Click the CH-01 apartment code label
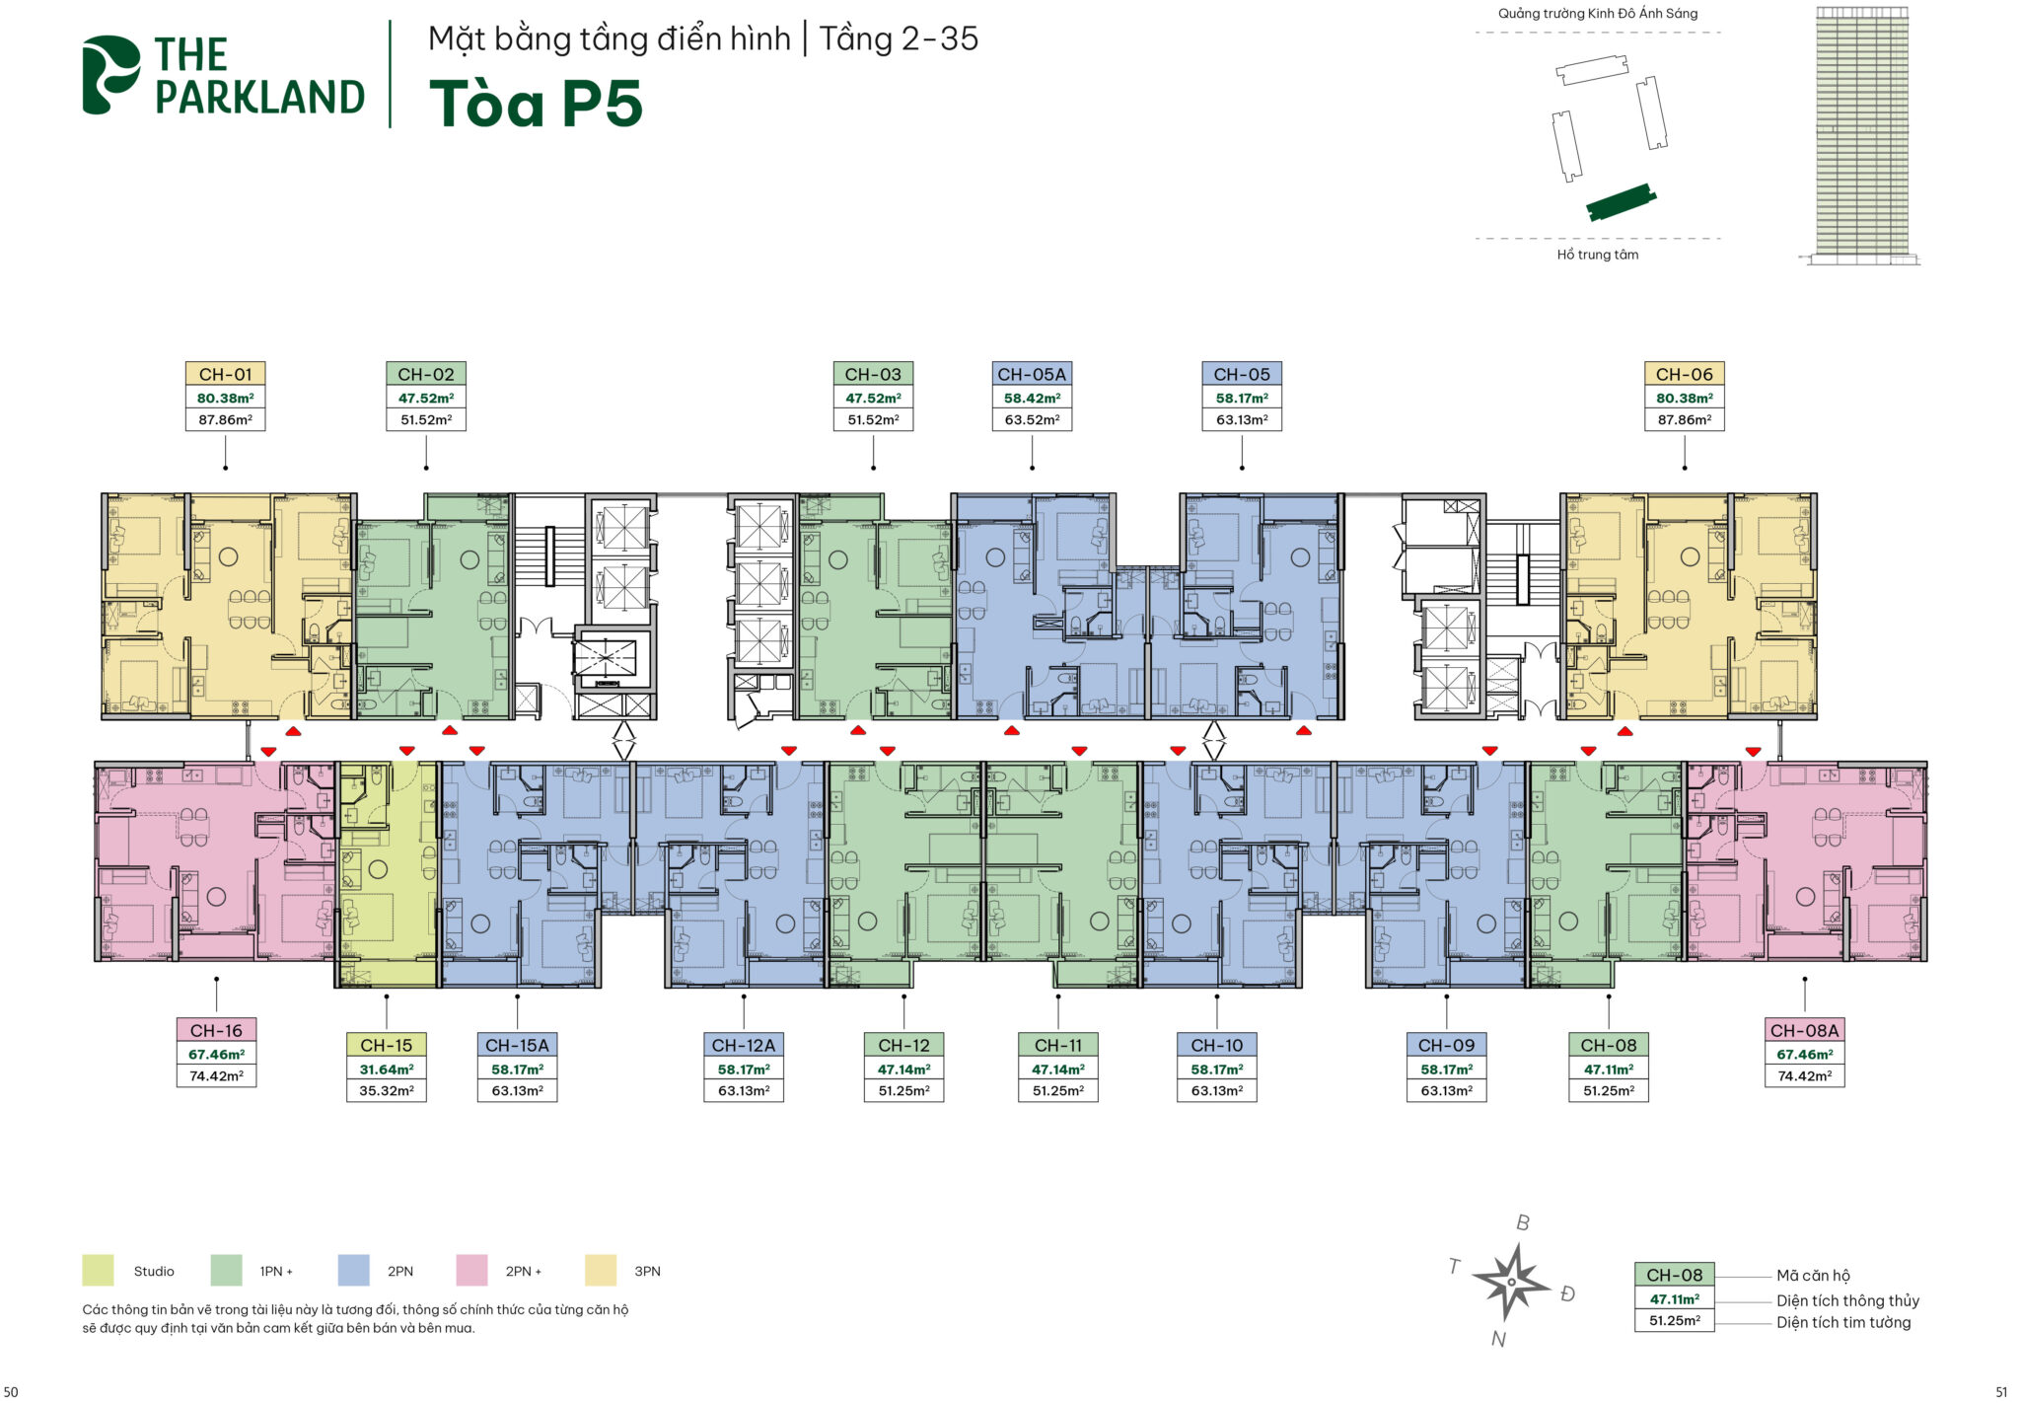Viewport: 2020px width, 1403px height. point(226,374)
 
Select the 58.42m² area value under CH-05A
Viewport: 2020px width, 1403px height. point(1032,398)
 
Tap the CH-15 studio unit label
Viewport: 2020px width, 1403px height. point(386,1045)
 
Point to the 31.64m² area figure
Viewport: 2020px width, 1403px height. point(386,1069)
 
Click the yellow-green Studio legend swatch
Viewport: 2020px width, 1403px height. point(98,1270)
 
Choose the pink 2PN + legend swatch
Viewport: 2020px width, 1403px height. point(471,1270)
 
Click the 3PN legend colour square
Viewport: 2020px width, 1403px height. point(601,1270)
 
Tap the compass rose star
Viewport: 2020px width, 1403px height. point(1510,1282)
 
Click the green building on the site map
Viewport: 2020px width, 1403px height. point(1621,202)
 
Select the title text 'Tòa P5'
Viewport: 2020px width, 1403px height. point(536,104)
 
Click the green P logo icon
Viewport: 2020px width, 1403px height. point(110,75)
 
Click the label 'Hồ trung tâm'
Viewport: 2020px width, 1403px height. point(1598,255)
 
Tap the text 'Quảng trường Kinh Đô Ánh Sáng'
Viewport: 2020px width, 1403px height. point(1598,14)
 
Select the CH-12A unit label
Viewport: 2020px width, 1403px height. point(744,1045)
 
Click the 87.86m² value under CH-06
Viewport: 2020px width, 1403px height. point(1685,419)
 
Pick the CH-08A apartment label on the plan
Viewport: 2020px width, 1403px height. point(1804,1030)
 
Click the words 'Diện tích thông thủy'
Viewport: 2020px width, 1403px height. point(1847,1300)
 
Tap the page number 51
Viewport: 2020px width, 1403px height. point(2001,1392)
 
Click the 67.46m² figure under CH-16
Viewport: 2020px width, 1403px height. point(216,1054)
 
